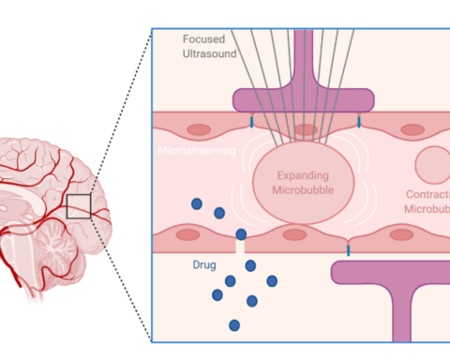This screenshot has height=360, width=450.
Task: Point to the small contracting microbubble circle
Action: click(432, 166)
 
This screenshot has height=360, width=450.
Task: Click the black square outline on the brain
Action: click(79, 205)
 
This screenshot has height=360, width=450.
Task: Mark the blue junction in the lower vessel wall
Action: click(349, 249)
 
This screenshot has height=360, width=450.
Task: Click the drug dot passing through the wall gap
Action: click(242, 234)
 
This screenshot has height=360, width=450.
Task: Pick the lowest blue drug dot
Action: click(234, 325)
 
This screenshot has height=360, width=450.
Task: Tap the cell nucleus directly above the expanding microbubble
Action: click(304, 129)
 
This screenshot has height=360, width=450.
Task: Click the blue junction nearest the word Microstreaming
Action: click(251, 123)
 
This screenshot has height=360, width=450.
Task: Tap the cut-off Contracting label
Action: click(427, 202)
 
